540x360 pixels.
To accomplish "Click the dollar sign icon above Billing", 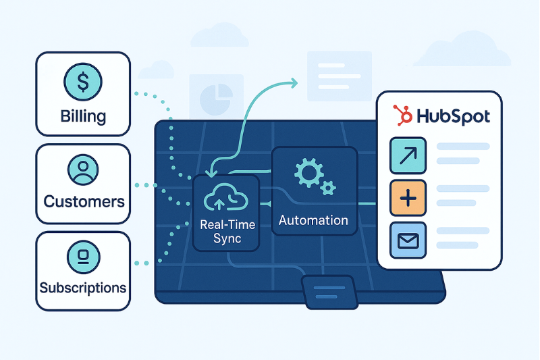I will click(83, 83).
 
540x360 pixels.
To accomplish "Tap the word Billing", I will click(83, 115).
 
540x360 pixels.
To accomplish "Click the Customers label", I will click(84, 201).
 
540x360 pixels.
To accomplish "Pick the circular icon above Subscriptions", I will click(83, 255).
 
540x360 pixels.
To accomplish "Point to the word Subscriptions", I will click(83, 288).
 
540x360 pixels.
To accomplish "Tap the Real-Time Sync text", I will click(226, 232).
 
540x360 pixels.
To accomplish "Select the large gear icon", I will click(308, 173).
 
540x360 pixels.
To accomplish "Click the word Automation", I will click(313, 220).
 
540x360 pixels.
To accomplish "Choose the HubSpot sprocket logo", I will click(404, 115).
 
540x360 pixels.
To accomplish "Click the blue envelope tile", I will click(408, 240).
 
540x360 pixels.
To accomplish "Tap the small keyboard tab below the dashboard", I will click(330, 291).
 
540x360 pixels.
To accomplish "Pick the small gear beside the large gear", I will click(328, 187).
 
